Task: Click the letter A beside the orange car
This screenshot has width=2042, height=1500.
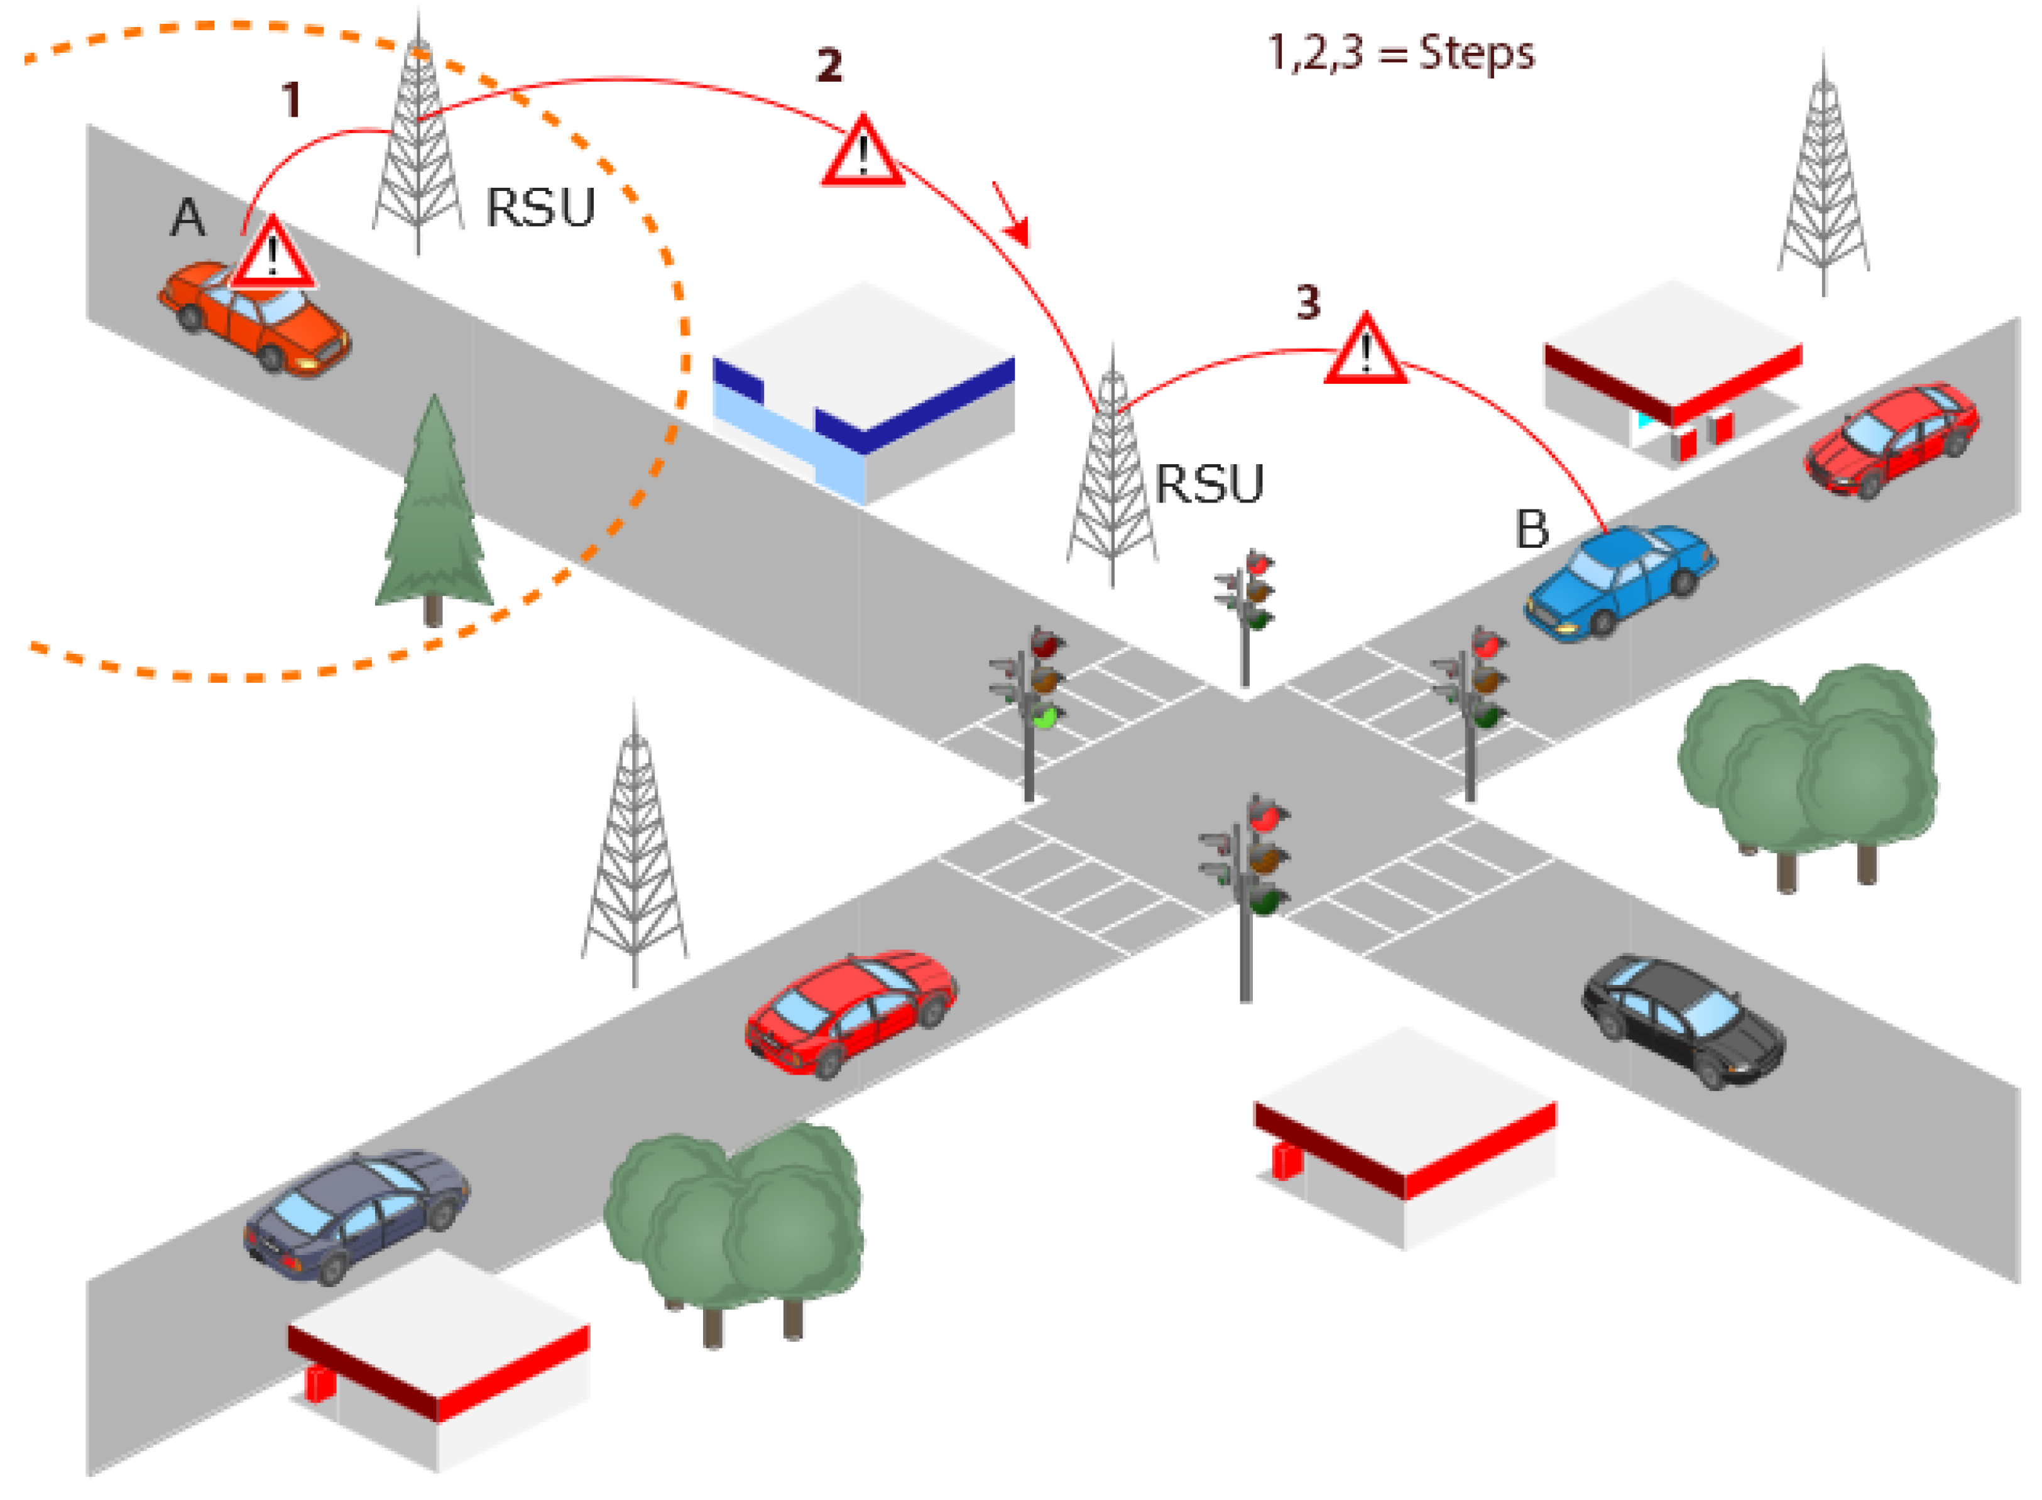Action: coord(188,218)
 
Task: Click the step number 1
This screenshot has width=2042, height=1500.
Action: coord(290,100)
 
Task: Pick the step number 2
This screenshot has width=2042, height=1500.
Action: coord(829,65)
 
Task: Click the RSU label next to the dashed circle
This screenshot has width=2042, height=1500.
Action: coord(540,209)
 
